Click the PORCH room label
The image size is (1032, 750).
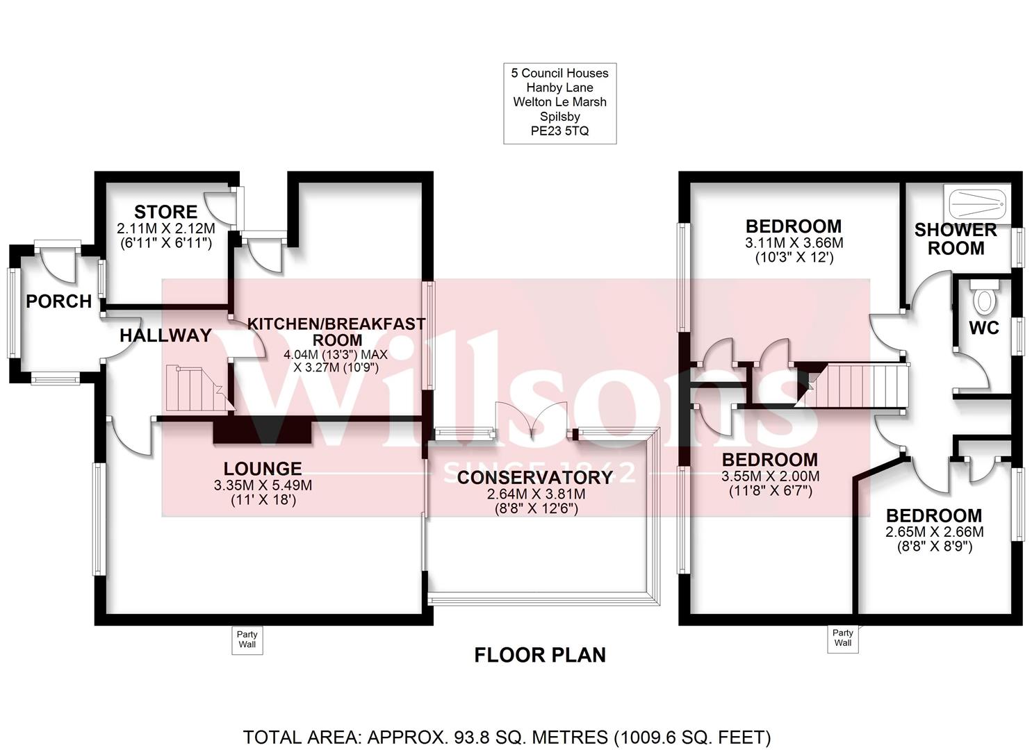pos(58,301)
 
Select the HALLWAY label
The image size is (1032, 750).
pos(165,335)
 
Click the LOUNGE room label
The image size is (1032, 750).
pos(263,469)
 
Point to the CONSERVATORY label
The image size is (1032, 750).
pos(534,478)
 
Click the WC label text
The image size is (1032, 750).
pos(983,328)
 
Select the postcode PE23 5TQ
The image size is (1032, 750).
pos(559,131)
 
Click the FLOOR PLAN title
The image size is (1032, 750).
pos(540,655)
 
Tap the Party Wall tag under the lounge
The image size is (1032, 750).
pos(247,639)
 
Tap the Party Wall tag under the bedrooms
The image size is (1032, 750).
pos(842,637)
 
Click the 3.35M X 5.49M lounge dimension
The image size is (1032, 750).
pos(263,485)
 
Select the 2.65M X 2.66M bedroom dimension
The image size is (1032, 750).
pos(934,532)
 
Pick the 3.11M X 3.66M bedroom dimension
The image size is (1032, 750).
pos(794,243)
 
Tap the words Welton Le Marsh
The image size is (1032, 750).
pos(559,101)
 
